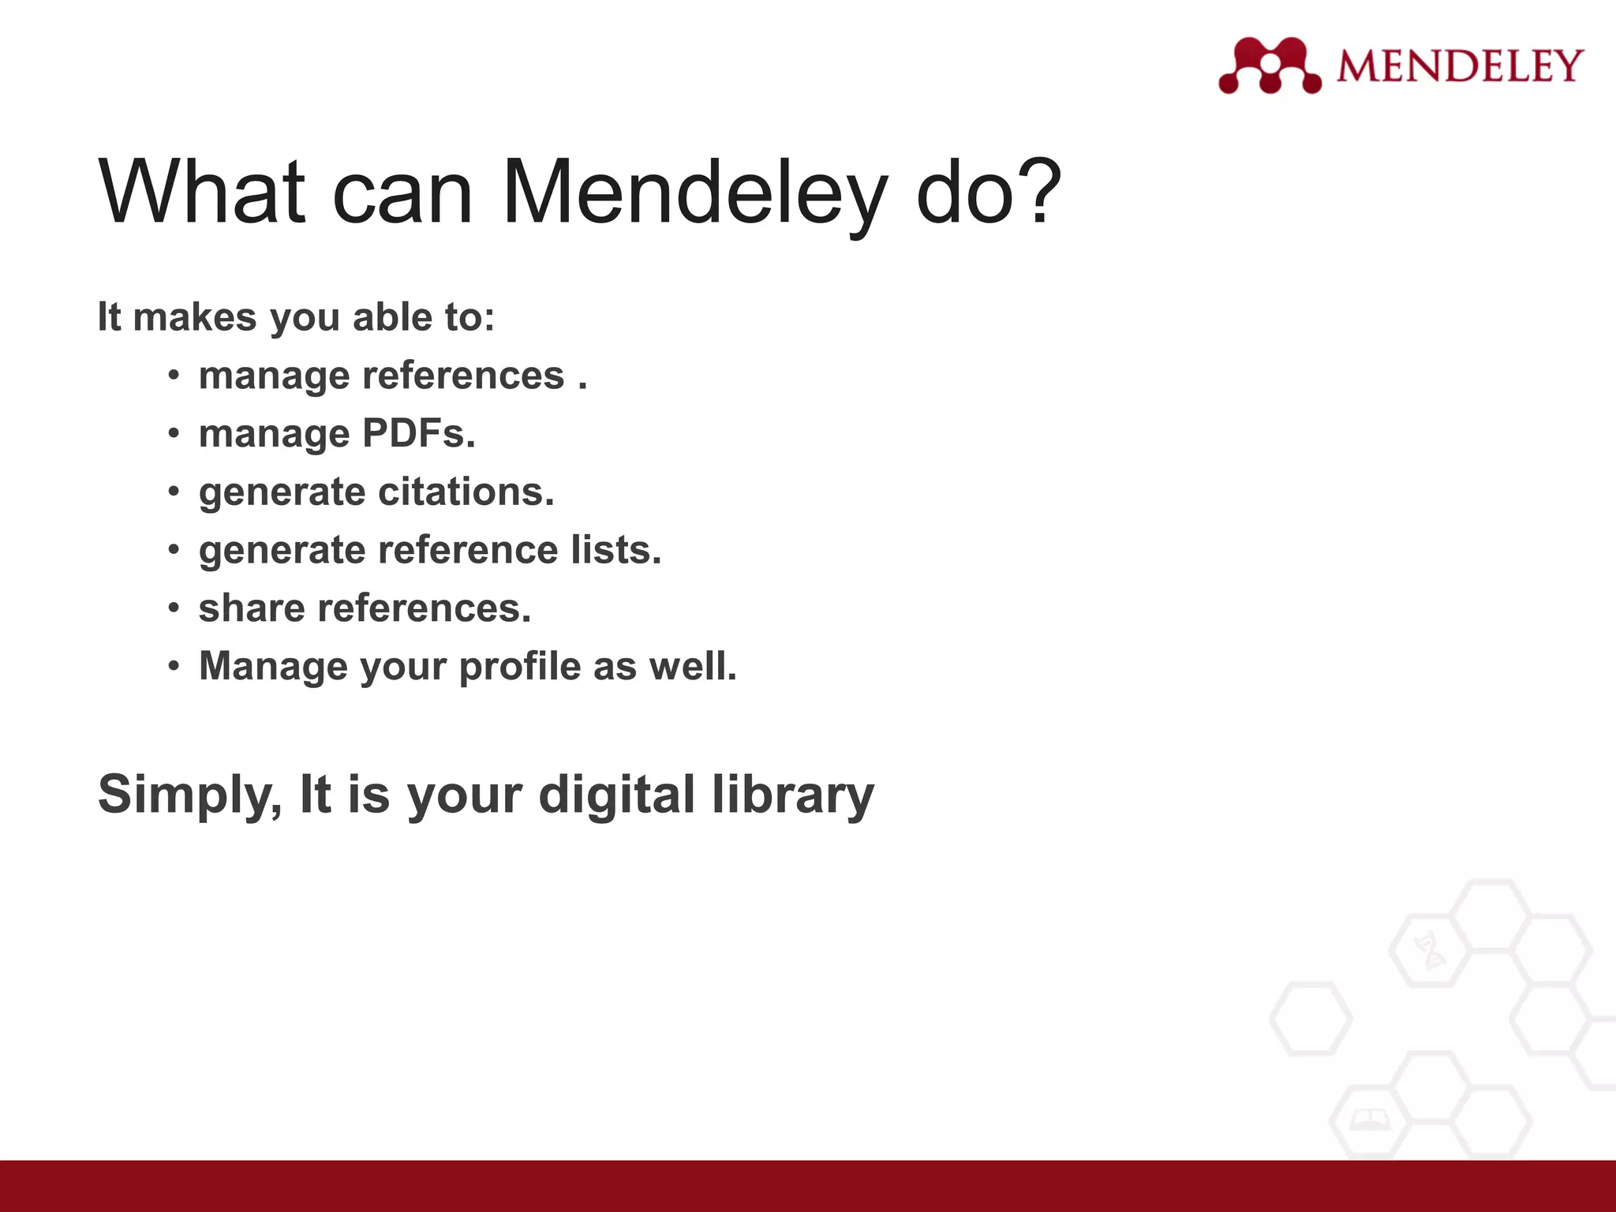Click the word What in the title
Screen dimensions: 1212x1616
pos(202,192)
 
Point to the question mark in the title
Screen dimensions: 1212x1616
pos(1034,190)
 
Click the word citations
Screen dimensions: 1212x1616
pos(466,492)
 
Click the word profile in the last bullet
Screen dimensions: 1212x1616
pos(520,667)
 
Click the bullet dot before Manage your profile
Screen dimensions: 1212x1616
pos(174,666)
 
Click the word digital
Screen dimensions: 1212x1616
pos(616,794)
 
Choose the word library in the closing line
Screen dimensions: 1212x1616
pos(793,795)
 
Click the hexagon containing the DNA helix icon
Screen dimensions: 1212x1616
pos(1429,952)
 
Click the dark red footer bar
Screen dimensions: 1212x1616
pos(808,1185)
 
